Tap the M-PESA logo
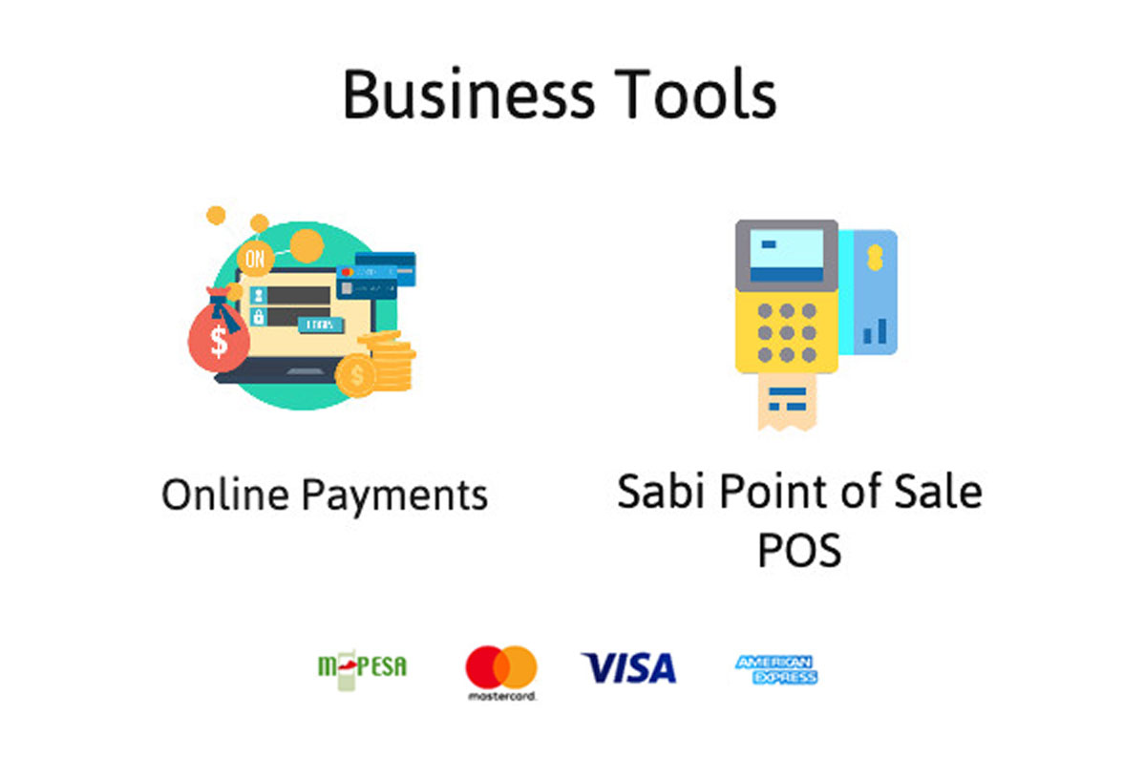click(x=362, y=667)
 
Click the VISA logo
click(x=629, y=668)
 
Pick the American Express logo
click(x=776, y=670)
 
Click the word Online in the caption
click(x=225, y=495)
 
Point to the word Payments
click(x=394, y=496)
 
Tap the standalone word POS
click(x=799, y=550)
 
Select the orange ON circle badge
click(x=255, y=258)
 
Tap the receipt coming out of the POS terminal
click(x=787, y=401)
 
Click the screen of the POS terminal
click(x=787, y=255)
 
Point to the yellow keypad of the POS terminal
click(x=787, y=332)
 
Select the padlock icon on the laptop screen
click(x=258, y=317)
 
